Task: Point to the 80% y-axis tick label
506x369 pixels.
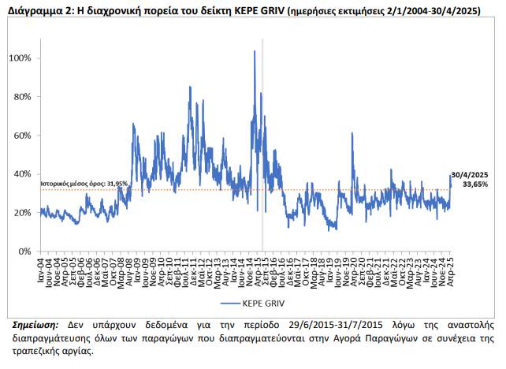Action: tap(24, 97)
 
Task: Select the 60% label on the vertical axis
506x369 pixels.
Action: tap(24, 136)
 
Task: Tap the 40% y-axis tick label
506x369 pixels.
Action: tap(24, 174)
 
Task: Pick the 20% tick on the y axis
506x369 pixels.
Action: tap(24, 213)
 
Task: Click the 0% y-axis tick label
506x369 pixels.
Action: tap(26, 252)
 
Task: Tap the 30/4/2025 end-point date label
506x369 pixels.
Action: tap(470, 174)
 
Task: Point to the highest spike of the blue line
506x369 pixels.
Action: tap(254, 52)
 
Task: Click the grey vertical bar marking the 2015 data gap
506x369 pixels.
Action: tap(262, 158)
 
